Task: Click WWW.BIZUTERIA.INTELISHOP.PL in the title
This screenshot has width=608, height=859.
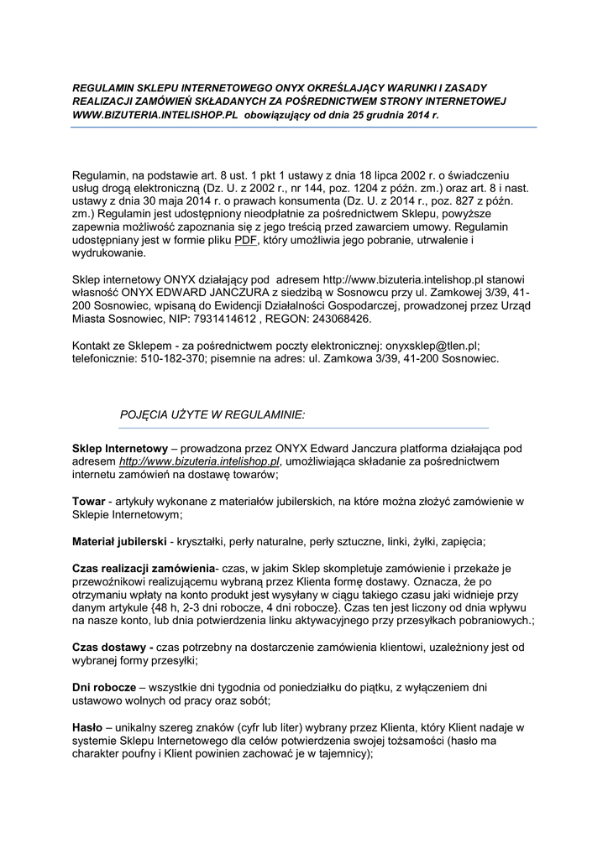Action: pos(155,113)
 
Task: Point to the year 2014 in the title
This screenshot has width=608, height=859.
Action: pos(411,113)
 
